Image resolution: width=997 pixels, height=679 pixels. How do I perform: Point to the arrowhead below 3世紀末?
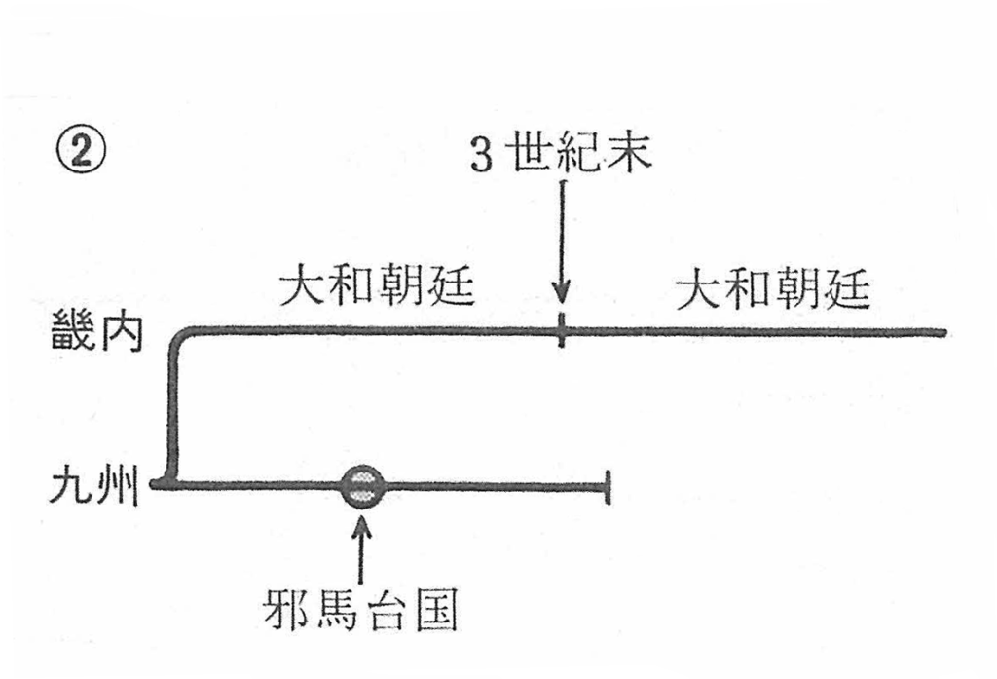[562, 293]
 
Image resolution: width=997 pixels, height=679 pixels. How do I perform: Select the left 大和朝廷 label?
[377, 289]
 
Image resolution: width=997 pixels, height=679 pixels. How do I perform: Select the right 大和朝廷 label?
[773, 289]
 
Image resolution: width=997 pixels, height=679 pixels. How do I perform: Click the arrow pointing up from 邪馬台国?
[362, 550]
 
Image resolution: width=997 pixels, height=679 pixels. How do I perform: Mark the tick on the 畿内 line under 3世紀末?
[562, 332]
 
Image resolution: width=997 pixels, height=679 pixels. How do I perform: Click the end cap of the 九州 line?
[608, 486]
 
